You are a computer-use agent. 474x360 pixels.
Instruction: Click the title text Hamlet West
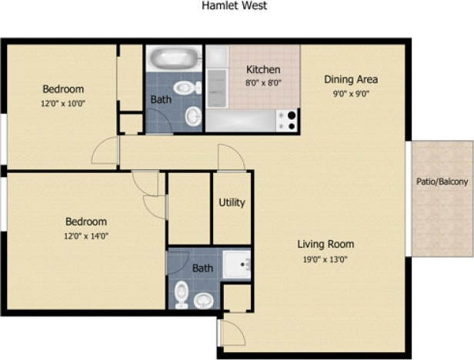(234, 6)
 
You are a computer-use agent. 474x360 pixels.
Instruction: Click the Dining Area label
(350, 78)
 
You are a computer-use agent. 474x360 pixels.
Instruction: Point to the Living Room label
(325, 245)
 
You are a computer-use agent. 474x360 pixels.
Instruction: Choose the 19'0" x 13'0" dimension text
(325, 258)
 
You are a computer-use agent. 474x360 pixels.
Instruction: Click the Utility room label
(232, 203)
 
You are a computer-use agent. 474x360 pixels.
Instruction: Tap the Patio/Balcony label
(441, 182)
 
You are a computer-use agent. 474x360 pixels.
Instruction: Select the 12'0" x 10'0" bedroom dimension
(63, 102)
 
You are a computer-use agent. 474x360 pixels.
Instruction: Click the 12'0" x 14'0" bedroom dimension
(85, 235)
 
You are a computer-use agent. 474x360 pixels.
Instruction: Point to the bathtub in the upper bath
(173, 59)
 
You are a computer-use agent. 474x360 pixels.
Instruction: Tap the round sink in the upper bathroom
(193, 116)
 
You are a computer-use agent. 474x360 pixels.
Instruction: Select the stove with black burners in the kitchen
(288, 120)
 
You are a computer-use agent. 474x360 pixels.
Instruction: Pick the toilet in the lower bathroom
(182, 293)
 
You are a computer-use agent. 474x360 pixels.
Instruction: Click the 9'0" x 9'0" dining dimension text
(350, 92)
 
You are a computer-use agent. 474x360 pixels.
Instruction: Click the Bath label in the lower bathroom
(202, 268)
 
